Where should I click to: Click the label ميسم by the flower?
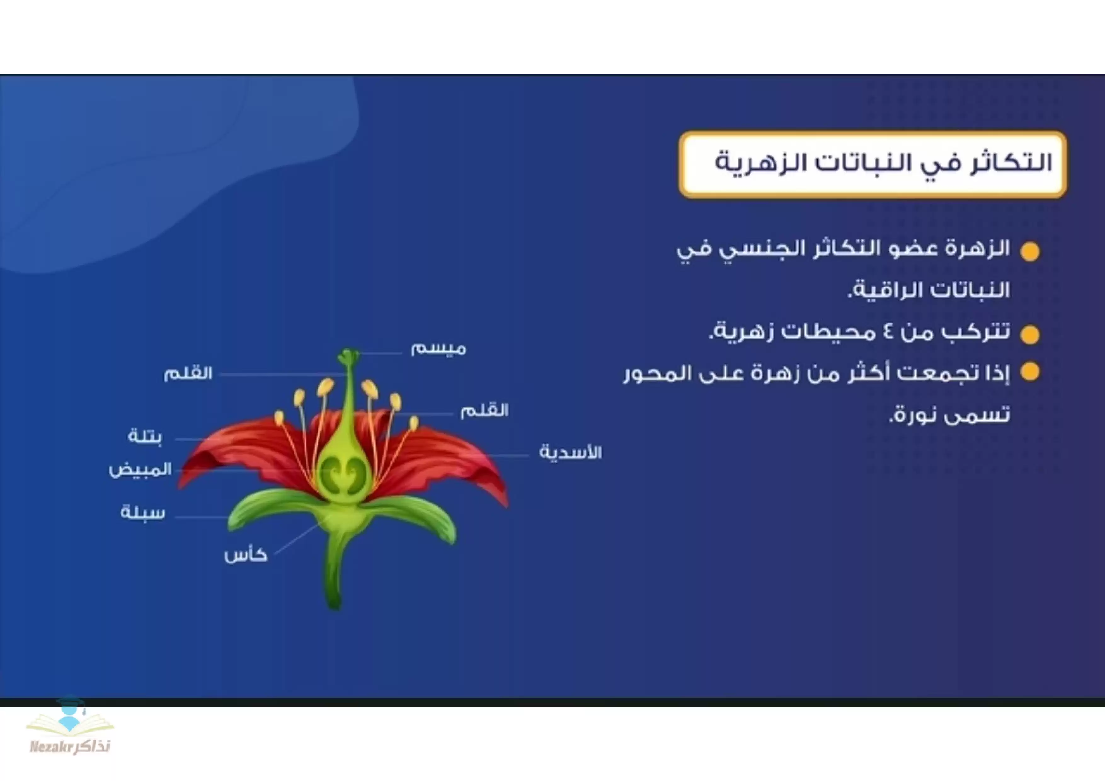438,348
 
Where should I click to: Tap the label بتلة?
145,436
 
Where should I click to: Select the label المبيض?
140,469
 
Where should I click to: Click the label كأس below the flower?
245,555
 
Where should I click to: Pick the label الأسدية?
570,452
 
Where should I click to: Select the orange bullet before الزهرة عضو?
1030,252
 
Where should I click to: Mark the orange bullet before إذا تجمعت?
1030,372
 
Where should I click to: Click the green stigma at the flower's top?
348,356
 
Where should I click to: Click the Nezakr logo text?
70,746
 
